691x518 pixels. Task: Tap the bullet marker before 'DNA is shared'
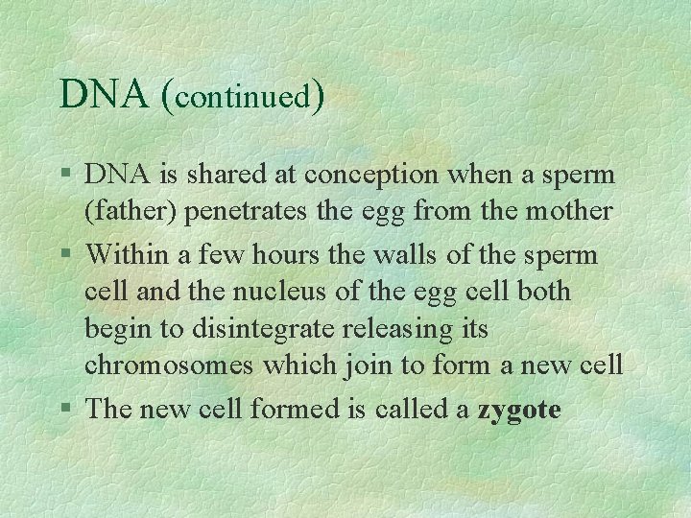(64, 175)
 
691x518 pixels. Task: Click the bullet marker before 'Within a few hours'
(64, 255)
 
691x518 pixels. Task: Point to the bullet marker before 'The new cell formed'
(64, 410)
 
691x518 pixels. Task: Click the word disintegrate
(265, 329)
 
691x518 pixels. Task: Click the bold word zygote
(519, 411)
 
